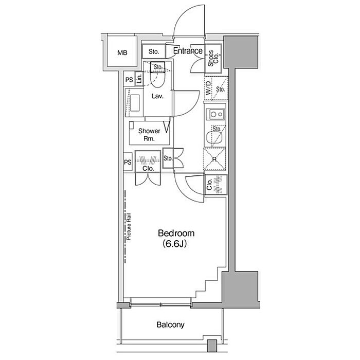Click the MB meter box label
pyautogui.click(x=122, y=53)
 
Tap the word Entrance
pyautogui.click(x=188, y=51)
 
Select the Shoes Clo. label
pyautogui.click(x=213, y=58)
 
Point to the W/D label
pyautogui.click(x=208, y=88)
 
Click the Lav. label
pyautogui.click(x=157, y=96)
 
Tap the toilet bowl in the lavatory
pyautogui.click(x=157, y=79)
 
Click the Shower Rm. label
pyautogui.click(x=149, y=135)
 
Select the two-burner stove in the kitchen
pyautogui.click(x=215, y=114)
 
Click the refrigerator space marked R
pyautogui.click(x=214, y=159)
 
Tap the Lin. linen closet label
pyautogui.click(x=139, y=79)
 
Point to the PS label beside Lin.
pyautogui.click(x=129, y=80)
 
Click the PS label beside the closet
pyautogui.click(x=128, y=162)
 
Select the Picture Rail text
pyautogui.click(x=129, y=227)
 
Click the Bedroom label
pyautogui.click(x=176, y=233)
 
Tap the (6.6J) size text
pyautogui.click(x=174, y=244)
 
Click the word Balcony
pyautogui.click(x=170, y=325)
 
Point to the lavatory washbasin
pyautogui.click(x=135, y=103)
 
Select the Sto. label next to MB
pyautogui.click(x=154, y=51)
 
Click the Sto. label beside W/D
pyautogui.click(x=220, y=89)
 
